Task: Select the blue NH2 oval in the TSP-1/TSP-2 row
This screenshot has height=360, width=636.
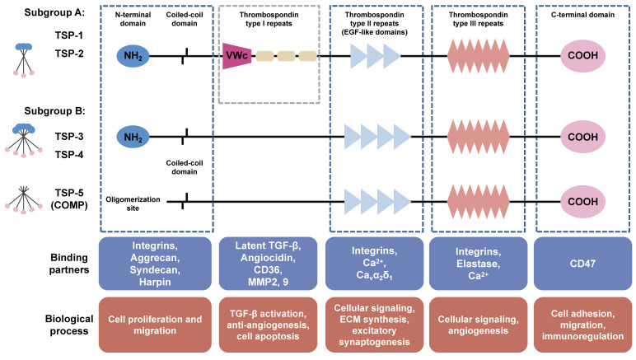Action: (x=133, y=56)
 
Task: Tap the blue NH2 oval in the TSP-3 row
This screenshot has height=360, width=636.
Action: (x=133, y=138)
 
